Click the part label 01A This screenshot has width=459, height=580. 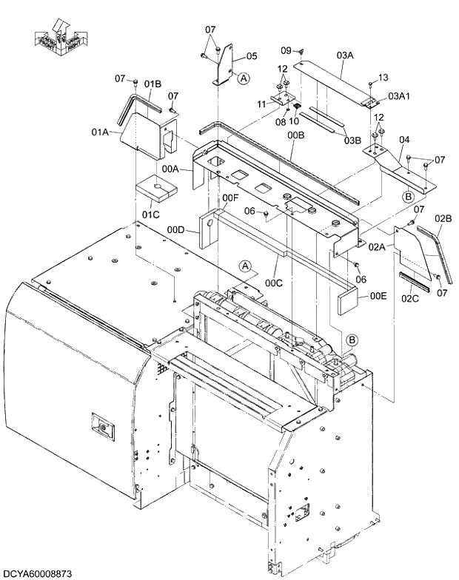(101, 132)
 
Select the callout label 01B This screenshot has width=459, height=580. (153, 83)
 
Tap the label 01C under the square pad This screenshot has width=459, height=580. (151, 215)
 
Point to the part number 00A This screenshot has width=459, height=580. (170, 169)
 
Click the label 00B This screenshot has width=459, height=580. (296, 135)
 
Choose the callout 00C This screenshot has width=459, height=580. (274, 283)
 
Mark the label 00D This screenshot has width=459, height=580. (175, 230)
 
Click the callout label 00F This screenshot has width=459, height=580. (231, 198)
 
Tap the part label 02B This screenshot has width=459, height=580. (443, 218)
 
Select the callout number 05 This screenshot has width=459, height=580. (252, 56)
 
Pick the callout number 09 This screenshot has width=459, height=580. (287, 50)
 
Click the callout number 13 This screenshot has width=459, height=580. (383, 78)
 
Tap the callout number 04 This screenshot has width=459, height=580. (404, 139)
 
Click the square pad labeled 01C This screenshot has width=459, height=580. (157, 188)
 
